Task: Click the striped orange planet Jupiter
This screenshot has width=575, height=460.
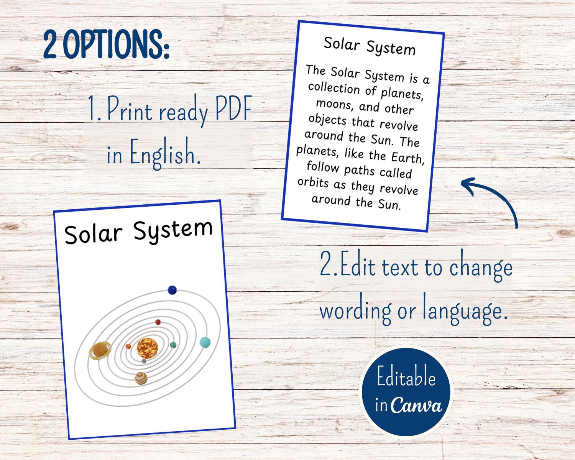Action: (141, 378)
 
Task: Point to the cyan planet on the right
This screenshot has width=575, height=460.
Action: (205, 342)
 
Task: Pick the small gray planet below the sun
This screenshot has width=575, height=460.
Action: (144, 361)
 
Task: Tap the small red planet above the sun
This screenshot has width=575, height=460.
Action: (158, 322)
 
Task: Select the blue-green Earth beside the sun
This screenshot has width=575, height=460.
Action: (173, 345)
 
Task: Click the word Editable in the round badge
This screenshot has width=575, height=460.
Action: (406, 378)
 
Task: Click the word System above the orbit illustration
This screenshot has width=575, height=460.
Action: (172, 230)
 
